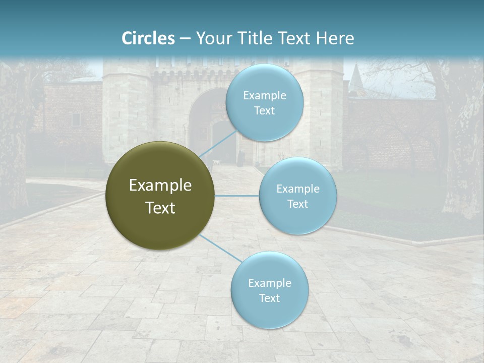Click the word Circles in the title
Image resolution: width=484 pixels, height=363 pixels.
[x=148, y=38]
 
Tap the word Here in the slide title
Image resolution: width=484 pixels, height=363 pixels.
[x=335, y=38]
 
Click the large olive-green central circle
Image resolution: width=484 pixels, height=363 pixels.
[x=160, y=196]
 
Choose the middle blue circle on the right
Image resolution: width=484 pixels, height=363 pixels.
[x=297, y=196]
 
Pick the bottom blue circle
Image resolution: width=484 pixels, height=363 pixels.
[x=269, y=290]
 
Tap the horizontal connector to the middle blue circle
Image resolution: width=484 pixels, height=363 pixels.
[x=237, y=196]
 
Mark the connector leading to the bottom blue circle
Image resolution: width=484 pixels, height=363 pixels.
[x=220, y=248]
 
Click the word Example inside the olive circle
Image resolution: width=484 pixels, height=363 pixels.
[x=160, y=186]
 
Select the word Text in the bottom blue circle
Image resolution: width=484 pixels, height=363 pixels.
[x=269, y=298]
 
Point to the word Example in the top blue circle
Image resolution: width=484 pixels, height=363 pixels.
[x=264, y=95]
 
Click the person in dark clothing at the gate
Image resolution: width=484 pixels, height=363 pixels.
[x=241, y=159]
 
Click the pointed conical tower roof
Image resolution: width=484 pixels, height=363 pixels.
[x=355, y=76]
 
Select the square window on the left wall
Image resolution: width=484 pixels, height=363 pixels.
[x=76, y=119]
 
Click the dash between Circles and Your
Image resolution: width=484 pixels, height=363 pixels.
[x=185, y=39]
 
